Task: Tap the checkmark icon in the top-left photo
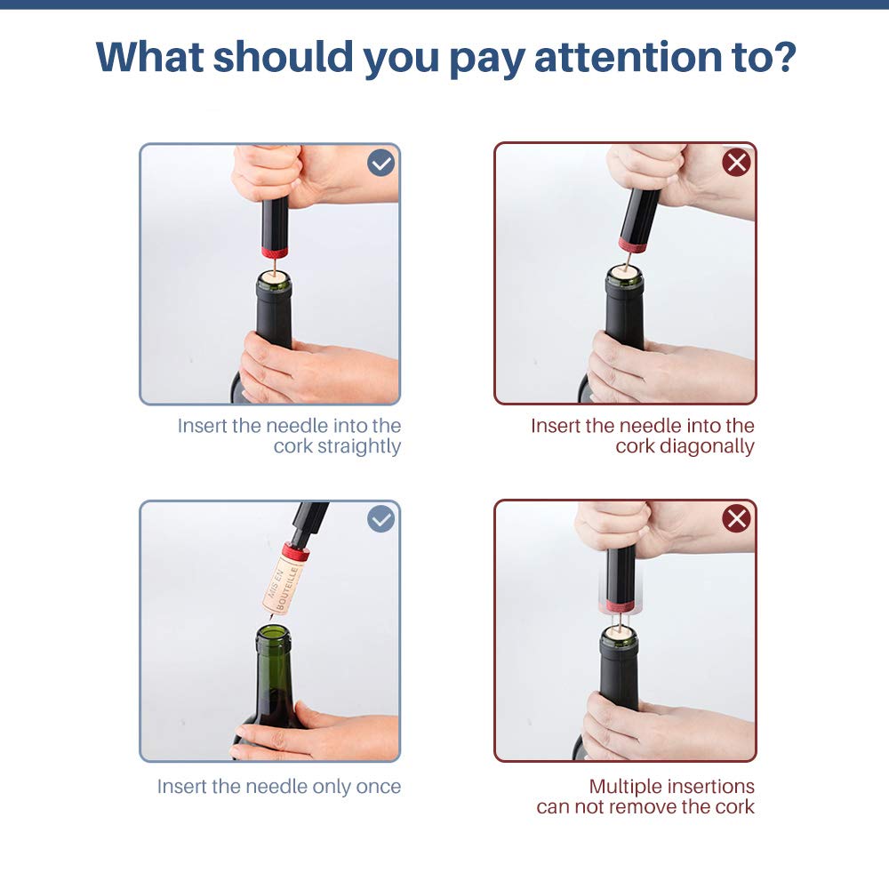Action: tap(380, 163)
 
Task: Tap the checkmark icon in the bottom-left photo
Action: tap(380, 519)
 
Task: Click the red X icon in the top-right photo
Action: tap(736, 163)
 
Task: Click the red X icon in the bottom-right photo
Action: tap(736, 519)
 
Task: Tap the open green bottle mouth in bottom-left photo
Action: tap(273, 634)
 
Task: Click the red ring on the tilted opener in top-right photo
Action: tap(632, 245)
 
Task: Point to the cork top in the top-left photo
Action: tap(274, 278)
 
